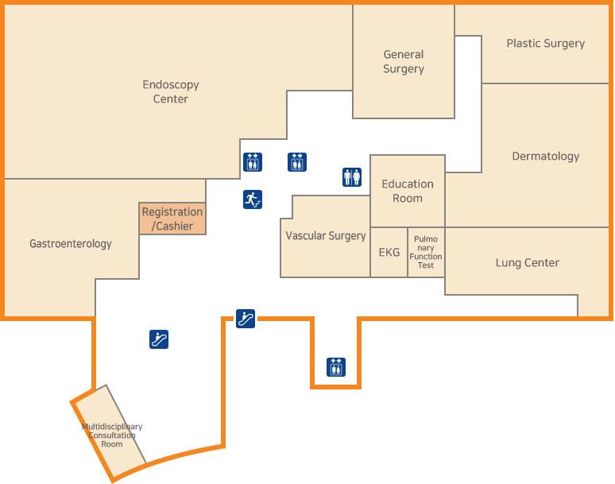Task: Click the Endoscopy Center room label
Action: pyautogui.click(x=171, y=91)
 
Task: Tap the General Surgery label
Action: pyautogui.click(x=404, y=62)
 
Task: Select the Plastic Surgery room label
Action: pyautogui.click(x=545, y=44)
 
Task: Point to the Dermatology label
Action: pyautogui.click(x=545, y=157)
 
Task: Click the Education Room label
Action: pyautogui.click(x=408, y=191)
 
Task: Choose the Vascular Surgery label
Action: pyautogui.click(x=326, y=236)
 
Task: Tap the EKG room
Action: pyautogui.click(x=389, y=253)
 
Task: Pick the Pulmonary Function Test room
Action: pyautogui.click(x=426, y=252)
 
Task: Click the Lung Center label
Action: pyautogui.click(x=528, y=263)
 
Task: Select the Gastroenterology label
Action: pyautogui.click(x=71, y=244)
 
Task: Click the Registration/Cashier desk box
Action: pyautogui.click(x=172, y=219)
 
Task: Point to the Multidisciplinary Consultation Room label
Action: pyautogui.click(x=112, y=436)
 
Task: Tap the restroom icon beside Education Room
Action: pyautogui.click(x=352, y=177)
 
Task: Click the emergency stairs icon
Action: pyautogui.click(x=253, y=199)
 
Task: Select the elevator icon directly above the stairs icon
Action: pyautogui.click(x=253, y=162)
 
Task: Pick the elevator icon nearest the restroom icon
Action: pyautogui.click(x=297, y=162)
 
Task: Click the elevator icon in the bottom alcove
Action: pyautogui.click(x=336, y=367)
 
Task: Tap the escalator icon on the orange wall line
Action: pyautogui.click(x=246, y=319)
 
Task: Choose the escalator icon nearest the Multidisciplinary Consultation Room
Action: pyautogui.click(x=159, y=339)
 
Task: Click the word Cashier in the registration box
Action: pyautogui.click(x=175, y=227)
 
